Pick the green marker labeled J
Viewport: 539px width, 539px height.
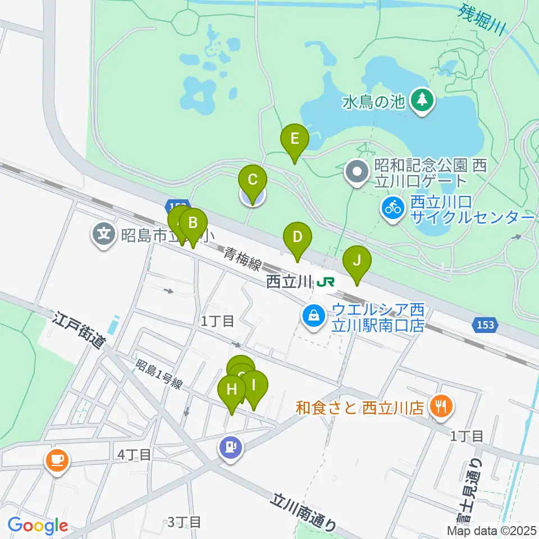pyautogui.click(x=357, y=262)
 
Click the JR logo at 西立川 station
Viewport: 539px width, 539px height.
pyautogui.click(x=326, y=281)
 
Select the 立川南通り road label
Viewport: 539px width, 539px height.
pyautogui.click(x=304, y=511)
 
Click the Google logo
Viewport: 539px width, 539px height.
pyautogui.click(x=38, y=526)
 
